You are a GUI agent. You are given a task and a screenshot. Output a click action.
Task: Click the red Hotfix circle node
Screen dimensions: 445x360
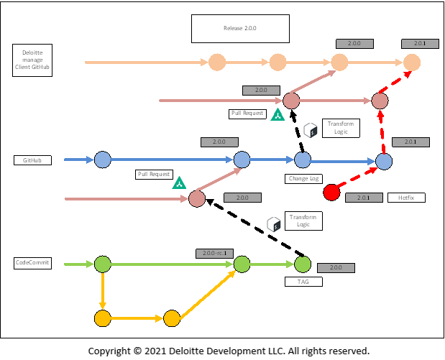coord(331,192)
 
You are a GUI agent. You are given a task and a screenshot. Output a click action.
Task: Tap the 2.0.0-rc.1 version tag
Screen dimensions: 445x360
coord(214,254)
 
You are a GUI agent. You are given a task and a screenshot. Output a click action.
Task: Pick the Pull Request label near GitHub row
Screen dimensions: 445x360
coord(154,174)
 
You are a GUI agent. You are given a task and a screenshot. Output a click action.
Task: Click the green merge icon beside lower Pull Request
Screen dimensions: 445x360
coord(179,183)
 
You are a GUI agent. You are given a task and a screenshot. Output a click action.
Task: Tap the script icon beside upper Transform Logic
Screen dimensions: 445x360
coord(311,130)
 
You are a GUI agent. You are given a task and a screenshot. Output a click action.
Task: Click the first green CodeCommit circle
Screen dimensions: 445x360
coord(103,264)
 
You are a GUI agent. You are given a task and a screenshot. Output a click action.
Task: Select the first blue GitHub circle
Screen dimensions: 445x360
coord(103,160)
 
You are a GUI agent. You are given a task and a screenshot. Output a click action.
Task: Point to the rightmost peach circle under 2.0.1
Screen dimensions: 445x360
coord(412,63)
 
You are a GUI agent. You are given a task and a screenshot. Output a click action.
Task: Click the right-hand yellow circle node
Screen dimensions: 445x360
coord(172,318)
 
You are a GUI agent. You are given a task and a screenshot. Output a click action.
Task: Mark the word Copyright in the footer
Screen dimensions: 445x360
coord(109,351)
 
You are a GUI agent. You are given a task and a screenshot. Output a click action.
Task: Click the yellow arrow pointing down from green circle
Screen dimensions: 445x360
coord(103,291)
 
